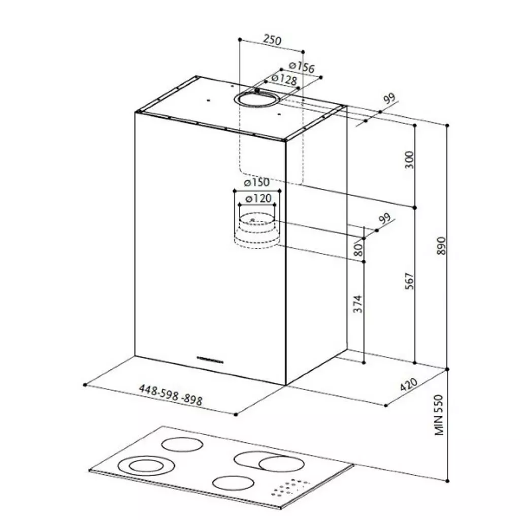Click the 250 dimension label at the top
[272, 40]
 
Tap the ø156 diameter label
[302, 67]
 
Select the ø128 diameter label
[284, 79]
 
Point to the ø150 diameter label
[256, 182]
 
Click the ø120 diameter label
[258, 199]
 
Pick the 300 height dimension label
[410, 159]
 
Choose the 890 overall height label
[441, 246]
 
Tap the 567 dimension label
[410, 281]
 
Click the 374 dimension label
[358, 304]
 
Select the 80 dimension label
[359, 250]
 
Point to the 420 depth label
[408, 384]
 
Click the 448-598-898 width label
[171, 395]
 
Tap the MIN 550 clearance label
[438, 415]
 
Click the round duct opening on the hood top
[257, 99]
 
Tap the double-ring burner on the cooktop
[146, 466]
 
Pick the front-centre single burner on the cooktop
[234, 483]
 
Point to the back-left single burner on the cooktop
[182, 444]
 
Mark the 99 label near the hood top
[389, 99]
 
